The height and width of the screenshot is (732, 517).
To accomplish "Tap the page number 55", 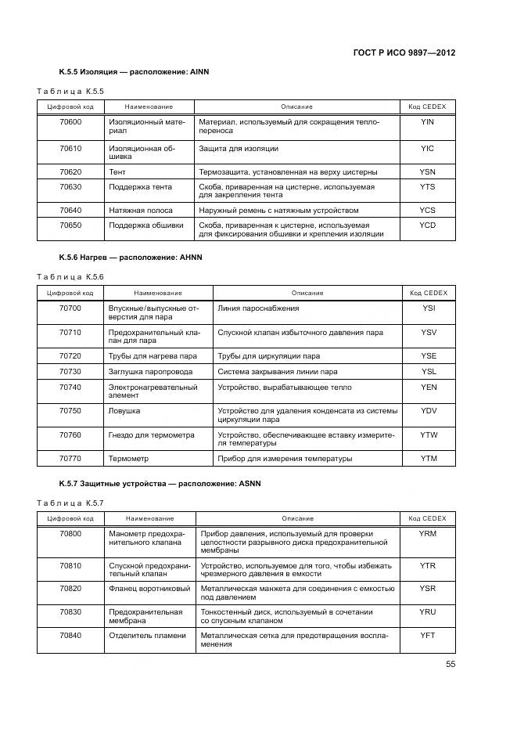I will (451, 664).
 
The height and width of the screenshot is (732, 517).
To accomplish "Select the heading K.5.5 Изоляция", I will (134, 72).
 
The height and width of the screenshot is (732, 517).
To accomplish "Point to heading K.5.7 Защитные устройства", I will (160, 484).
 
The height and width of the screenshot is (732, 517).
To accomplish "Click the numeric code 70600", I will (70, 122).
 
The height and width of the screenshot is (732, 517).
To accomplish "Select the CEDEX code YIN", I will (426, 122).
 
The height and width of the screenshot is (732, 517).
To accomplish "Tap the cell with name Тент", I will (117, 171).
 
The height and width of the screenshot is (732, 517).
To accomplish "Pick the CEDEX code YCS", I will (426, 210).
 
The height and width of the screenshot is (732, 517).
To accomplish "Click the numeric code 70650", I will (70, 225).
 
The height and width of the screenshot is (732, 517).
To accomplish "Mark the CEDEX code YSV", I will (429, 332).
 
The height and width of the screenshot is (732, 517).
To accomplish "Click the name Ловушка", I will (124, 410).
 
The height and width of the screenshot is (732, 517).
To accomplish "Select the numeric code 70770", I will (70, 458).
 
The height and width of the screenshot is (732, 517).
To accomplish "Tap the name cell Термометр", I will (128, 458).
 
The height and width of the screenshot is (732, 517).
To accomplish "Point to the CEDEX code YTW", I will (429, 435).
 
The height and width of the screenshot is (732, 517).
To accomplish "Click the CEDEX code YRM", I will (427, 534).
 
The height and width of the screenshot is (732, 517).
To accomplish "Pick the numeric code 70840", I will (70, 635).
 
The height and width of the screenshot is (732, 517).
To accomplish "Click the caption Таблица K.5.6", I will (71, 276).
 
